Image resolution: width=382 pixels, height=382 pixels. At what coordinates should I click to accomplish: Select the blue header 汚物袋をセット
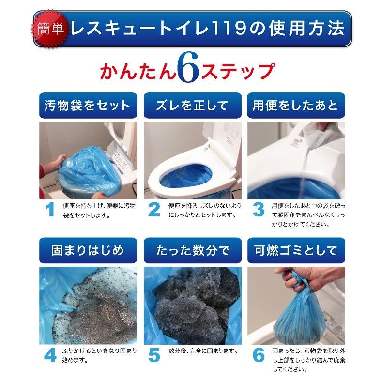tap(87, 105)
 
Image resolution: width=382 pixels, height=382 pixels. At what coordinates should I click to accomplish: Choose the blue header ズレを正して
tap(192, 105)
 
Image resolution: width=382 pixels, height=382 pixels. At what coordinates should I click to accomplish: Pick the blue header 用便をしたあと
tap(295, 105)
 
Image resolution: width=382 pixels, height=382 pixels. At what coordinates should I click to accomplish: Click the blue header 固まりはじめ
tap(87, 250)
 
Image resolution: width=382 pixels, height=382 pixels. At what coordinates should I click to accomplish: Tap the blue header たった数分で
tap(192, 250)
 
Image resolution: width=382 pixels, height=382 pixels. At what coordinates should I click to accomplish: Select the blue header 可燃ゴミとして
tap(295, 250)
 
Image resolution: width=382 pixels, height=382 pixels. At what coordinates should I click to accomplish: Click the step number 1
tap(49, 210)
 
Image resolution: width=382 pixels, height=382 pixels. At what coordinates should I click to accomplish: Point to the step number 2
tap(154, 210)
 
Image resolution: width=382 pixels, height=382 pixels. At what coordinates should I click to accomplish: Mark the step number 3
tap(259, 210)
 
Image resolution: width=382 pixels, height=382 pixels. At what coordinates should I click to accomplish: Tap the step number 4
tap(50, 355)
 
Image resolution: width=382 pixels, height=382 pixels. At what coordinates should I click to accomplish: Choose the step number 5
tap(154, 355)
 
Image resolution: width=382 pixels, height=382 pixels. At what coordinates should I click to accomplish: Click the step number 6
tap(259, 355)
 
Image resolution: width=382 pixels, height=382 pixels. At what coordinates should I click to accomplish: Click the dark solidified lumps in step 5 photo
tap(194, 305)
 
